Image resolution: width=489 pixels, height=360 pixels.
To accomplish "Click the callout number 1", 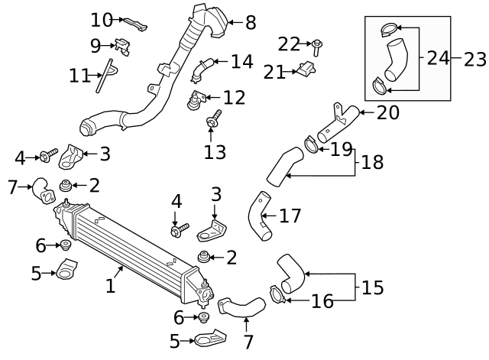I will coord(110,286).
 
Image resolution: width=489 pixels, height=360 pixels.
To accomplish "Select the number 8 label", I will coord(251,23).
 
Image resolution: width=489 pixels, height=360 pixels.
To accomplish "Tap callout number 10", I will coord(101,19).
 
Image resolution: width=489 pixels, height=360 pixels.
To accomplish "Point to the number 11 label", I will coord(79,76).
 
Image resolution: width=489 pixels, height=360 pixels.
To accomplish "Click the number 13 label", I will coord(215,152).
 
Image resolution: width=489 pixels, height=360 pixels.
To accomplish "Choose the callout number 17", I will coord(290,216).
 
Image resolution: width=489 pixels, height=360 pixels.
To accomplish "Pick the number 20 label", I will coord(388,113).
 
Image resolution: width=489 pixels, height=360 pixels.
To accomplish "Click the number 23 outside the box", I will coord(474,58).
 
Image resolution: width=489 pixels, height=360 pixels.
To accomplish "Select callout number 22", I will coord(289,44).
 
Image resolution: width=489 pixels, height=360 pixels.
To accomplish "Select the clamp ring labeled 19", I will coord(312,143).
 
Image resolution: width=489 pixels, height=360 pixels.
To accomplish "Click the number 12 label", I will coord(235,98).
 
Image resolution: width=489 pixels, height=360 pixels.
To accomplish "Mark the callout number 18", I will coord(372,162).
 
